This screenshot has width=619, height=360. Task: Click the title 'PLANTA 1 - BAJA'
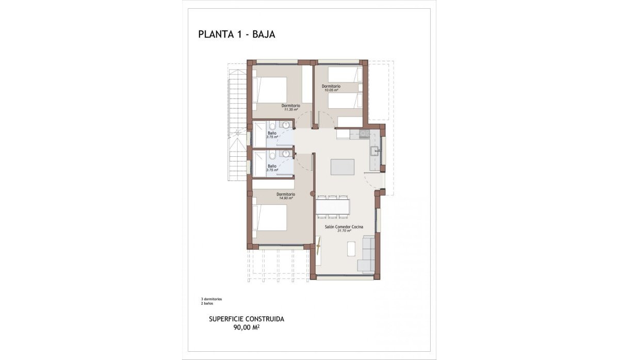(236, 35)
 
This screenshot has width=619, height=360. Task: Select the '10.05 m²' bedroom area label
(331, 90)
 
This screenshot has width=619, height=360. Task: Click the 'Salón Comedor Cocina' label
(344, 226)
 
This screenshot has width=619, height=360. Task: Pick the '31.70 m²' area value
(344, 231)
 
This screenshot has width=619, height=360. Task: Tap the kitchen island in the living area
(343, 167)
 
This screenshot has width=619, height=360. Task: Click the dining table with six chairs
(333, 206)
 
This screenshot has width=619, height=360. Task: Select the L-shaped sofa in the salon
(368, 254)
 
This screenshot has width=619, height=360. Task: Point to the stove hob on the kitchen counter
(365, 134)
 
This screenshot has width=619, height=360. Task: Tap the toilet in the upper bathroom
(272, 125)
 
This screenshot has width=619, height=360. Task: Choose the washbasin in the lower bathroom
(285, 154)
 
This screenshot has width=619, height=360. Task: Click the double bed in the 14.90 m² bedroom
(269, 218)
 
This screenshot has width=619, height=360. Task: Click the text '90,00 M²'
(247, 326)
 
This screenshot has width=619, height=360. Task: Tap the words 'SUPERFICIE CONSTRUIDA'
(247, 319)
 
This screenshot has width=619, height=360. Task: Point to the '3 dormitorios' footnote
(211, 299)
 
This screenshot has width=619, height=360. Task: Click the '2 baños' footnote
(207, 303)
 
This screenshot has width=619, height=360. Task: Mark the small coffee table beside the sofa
(351, 249)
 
